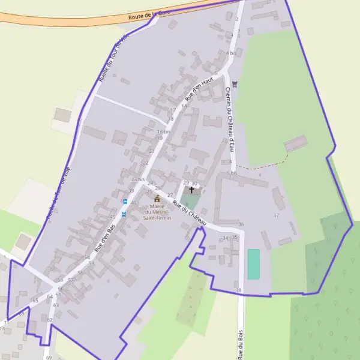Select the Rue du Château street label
coord(189,214)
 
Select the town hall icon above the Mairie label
coord(157,198)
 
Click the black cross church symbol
coord(191,190)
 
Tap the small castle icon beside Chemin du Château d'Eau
coord(235,84)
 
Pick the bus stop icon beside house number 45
coord(124,214)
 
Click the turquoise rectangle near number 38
coord(254,264)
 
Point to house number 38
coord(239,290)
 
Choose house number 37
coord(276,215)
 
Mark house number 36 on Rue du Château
coord(241,224)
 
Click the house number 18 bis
coord(163,131)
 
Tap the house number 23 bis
coord(137,179)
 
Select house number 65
coord(35,300)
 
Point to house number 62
coord(50,320)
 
